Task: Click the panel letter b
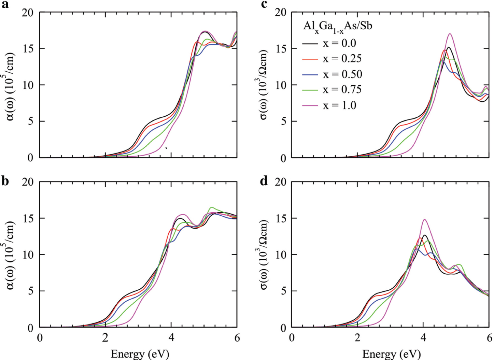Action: (5, 181)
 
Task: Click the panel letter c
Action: (264, 4)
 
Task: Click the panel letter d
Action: (264, 181)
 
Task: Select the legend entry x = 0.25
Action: (342, 59)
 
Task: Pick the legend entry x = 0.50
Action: (342, 74)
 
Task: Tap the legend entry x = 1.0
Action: (339, 105)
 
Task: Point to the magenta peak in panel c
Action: (450, 34)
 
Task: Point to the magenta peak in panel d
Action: (424, 219)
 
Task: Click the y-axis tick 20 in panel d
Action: (281, 182)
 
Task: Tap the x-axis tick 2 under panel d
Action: (357, 338)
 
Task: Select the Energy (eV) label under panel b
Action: (140, 354)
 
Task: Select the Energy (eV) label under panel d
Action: (391, 354)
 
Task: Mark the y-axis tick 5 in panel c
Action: (283, 121)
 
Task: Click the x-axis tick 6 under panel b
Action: (237, 338)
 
